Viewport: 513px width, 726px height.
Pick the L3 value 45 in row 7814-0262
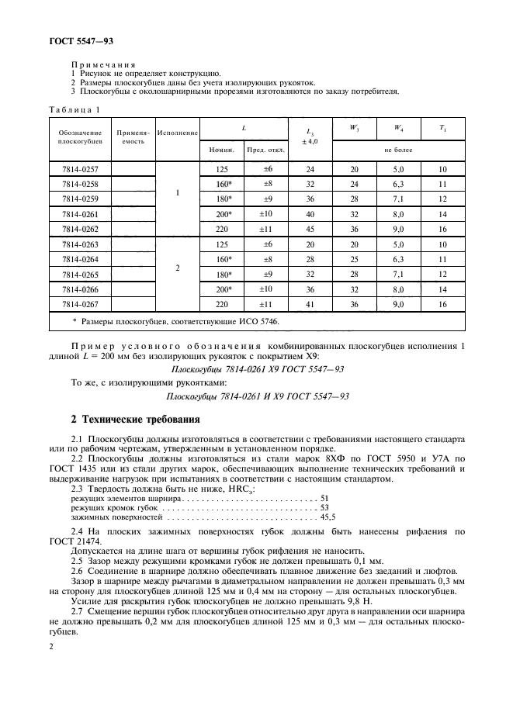point(310,229)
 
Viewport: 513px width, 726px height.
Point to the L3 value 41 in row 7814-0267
point(310,304)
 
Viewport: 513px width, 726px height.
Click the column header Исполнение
point(178,133)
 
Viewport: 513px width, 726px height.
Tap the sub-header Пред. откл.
point(265,149)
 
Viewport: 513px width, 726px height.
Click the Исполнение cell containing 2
point(178,267)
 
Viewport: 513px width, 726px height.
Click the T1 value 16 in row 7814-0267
point(443,304)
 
